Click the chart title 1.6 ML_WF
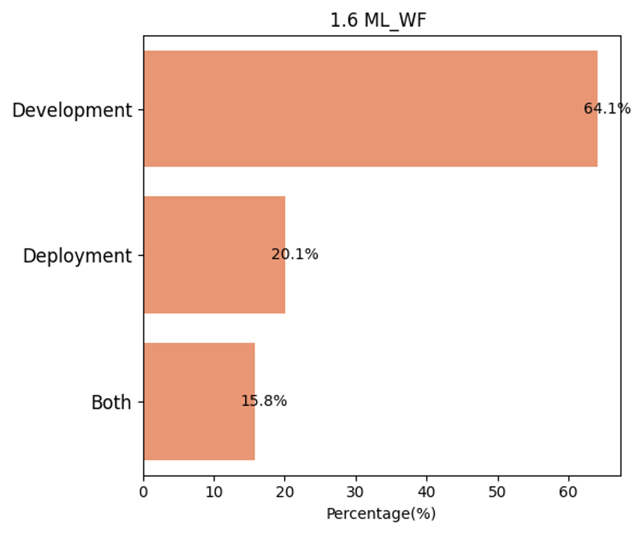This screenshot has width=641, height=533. [378, 21]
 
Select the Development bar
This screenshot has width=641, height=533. [370, 109]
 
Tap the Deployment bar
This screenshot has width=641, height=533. [214, 255]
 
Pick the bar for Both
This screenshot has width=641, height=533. [199, 402]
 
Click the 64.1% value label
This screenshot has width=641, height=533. [607, 109]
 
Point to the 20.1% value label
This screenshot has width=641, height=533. [294, 255]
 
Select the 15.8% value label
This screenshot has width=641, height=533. [264, 401]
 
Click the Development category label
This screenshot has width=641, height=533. [72, 110]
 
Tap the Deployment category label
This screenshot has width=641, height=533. [77, 257]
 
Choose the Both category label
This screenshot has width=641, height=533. [111, 403]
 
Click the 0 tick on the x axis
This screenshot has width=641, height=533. [143, 492]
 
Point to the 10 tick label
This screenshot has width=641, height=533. [214, 492]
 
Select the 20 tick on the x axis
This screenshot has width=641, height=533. [285, 492]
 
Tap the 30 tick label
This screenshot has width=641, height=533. [356, 492]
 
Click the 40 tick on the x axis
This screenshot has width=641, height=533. [426, 492]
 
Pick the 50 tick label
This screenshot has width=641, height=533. [498, 492]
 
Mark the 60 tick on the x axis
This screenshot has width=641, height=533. [568, 492]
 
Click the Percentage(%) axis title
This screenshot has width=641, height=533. [381, 514]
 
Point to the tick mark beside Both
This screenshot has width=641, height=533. [141, 402]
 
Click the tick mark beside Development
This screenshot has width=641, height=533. [141, 109]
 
